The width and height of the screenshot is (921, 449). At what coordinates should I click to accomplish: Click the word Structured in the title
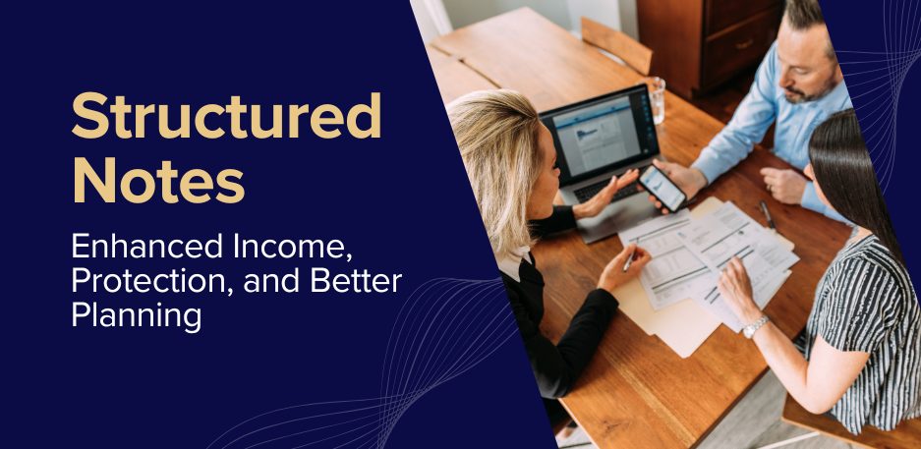(225, 117)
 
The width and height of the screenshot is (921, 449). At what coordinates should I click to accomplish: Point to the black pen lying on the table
(768, 216)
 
